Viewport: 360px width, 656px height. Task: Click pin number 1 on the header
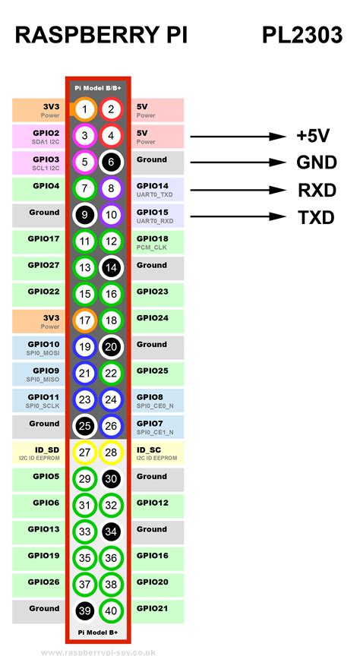click(85, 109)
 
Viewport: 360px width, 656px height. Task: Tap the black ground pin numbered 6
click(111, 162)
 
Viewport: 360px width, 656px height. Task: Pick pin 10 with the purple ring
click(111, 215)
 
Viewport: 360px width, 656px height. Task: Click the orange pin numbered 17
click(85, 321)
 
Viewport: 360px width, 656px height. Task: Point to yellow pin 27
click(85, 453)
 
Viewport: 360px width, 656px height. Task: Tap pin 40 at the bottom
click(111, 611)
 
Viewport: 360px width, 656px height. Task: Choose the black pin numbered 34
click(111, 531)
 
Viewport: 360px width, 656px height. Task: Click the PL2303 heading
click(302, 35)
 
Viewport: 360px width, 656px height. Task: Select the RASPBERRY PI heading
click(101, 35)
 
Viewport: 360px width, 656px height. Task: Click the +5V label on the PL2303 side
click(313, 136)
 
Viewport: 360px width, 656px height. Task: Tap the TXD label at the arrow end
click(316, 218)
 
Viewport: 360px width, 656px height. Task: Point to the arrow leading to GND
click(238, 162)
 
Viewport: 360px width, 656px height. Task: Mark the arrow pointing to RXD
click(238, 190)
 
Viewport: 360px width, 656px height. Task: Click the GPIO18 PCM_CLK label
click(158, 241)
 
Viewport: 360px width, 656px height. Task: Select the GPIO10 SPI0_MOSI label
click(39, 348)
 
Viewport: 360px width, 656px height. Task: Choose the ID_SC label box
click(158, 453)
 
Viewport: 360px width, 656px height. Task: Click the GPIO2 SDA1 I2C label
click(39, 137)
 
